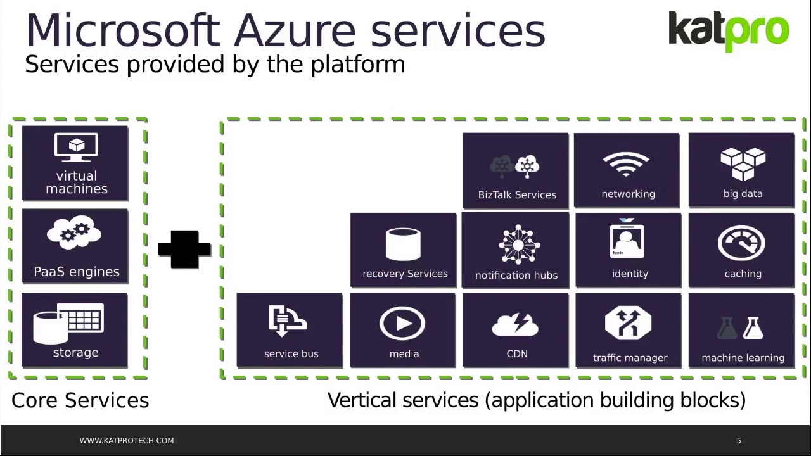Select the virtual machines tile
click(75, 163)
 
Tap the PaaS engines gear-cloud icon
click(75, 234)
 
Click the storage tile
click(75, 330)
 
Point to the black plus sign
click(184, 249)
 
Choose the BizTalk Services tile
click(516, 170)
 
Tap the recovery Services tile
click(404, 250)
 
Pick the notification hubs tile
click(516, 251)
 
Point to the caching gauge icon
click(741, 243)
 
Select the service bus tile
click(290, 330)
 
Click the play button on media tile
click(402, 324)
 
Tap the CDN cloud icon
click(515, 325)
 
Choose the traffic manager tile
click(629, 330)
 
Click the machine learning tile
click(742, 330)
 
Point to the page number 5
click(739, 440)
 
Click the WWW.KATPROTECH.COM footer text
click(127, 440)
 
